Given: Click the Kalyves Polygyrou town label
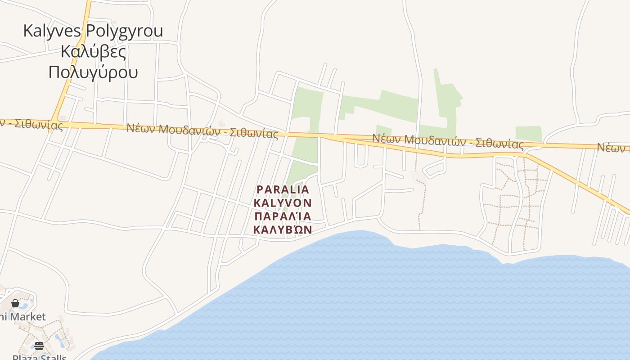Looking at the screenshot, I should point(93,31).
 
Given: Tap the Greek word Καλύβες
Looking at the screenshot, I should point(93,51).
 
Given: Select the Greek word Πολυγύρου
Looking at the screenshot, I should point(93,72).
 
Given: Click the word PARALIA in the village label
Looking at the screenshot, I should point(283,189).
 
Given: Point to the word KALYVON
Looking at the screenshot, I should point(283,203).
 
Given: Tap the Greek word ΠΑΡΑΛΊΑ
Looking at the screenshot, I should point(283,216).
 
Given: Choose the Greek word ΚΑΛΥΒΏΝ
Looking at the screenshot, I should point(283,229).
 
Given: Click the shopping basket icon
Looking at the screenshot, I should point(15,303).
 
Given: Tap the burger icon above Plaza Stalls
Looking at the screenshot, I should point(39,346).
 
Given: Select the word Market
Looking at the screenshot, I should point(28,317).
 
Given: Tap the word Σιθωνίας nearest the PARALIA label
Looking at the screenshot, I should point(254,133).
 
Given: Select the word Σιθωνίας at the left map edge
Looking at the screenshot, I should point(38,124).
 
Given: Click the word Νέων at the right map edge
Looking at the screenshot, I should point(613,147).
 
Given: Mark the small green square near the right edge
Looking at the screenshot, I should point(528,134).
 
